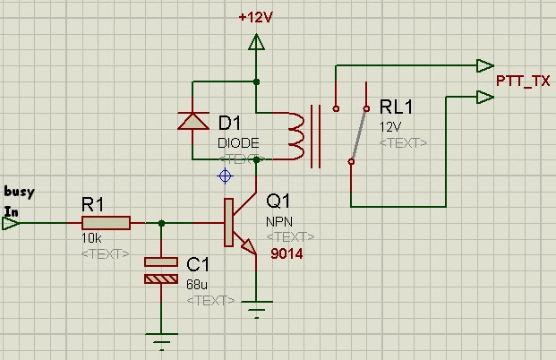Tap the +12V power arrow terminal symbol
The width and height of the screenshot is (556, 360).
point(257,41)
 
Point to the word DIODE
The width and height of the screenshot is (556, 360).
point(238,142)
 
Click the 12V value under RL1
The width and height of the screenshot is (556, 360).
point(391,126)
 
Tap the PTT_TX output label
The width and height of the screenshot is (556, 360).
point(523,80)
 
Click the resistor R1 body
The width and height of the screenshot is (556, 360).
point(106,223)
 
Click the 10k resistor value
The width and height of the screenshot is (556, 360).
point(91,239)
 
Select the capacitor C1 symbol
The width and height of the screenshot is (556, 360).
point(161,270)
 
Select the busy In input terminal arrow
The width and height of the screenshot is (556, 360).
point(11,223)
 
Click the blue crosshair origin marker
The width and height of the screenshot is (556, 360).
point(226,176)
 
